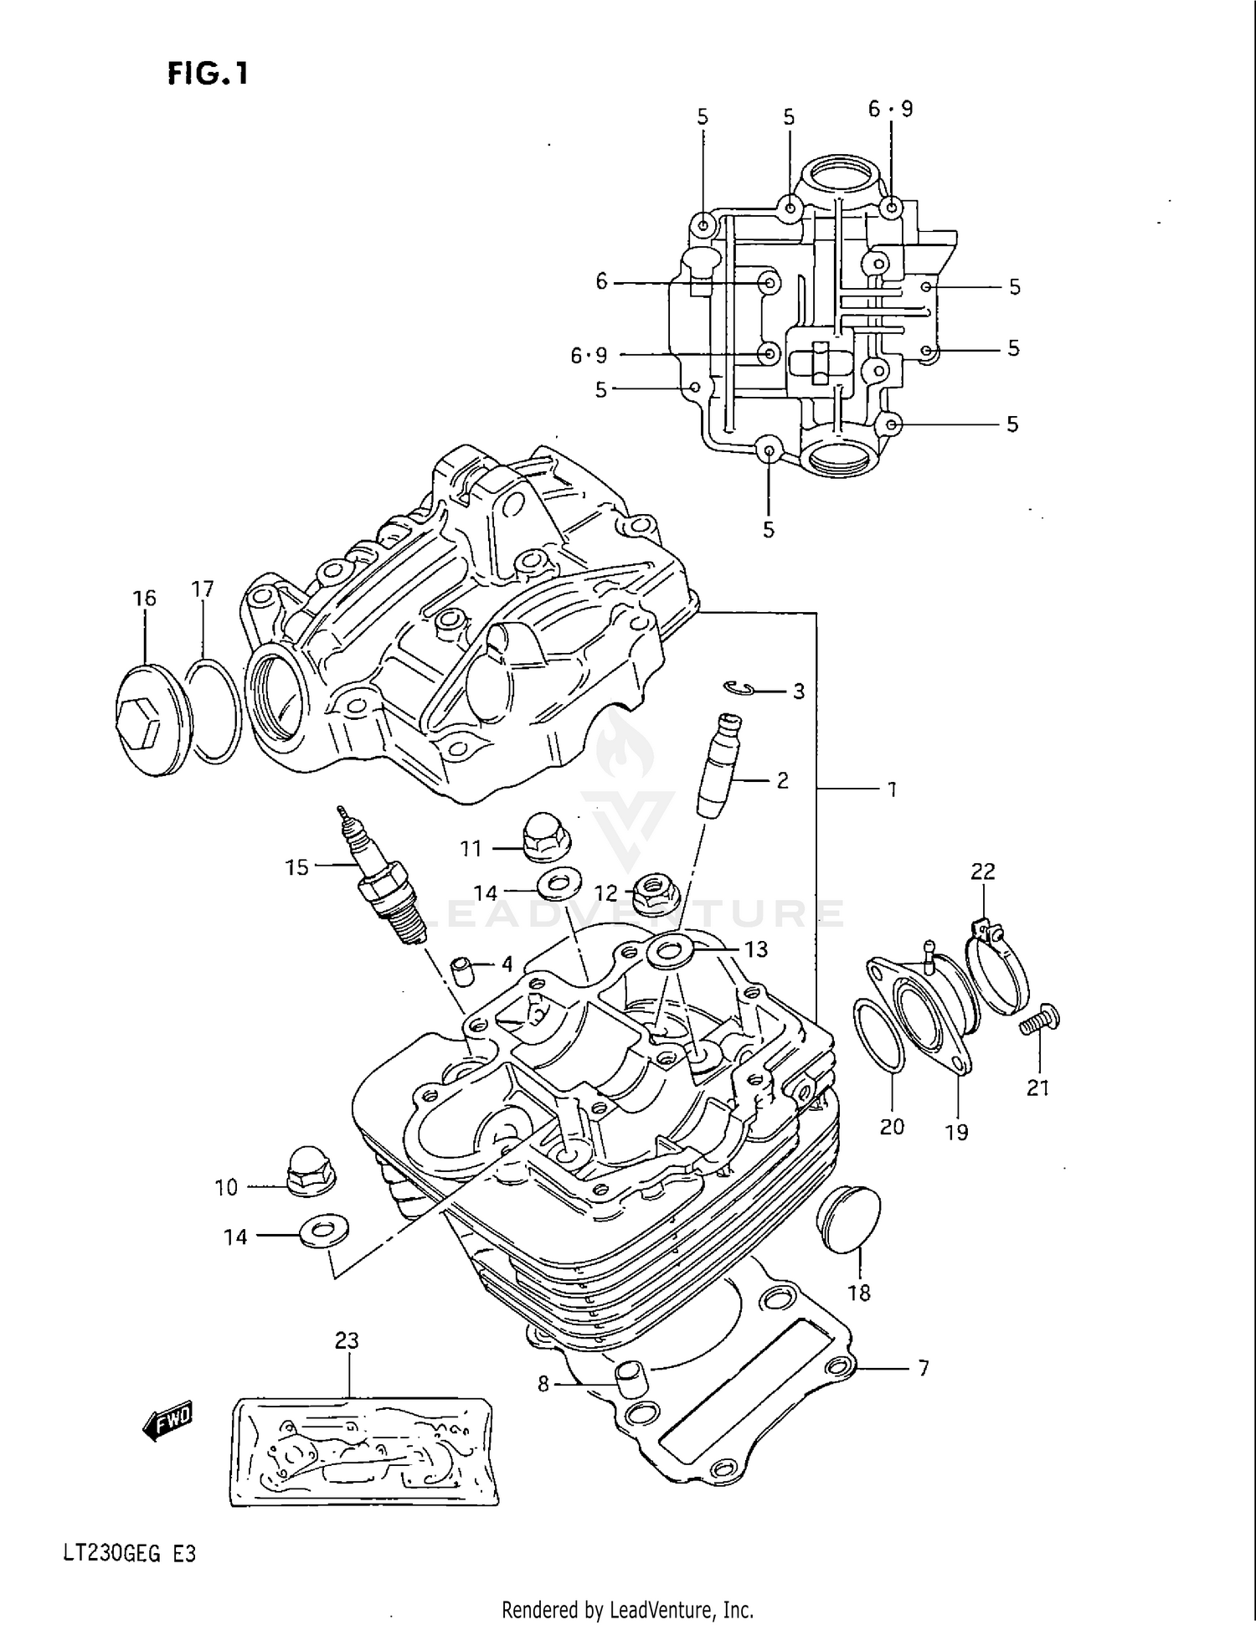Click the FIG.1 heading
tap(208, 74)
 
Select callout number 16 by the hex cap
tap(144, 598)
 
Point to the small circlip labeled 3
tap(739, 688)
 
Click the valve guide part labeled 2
tap(718, 765)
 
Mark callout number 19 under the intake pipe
tap(955, 1132)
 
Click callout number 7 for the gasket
tap(923, 1368)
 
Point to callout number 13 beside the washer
tap(755, 949)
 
